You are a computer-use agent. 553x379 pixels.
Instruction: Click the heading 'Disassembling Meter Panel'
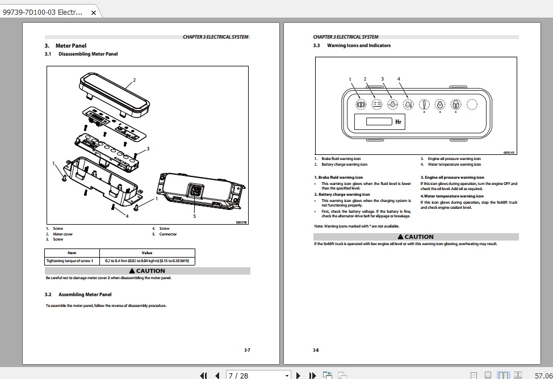click(x=88, y=54)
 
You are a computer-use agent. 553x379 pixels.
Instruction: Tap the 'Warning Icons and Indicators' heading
click(x=359, y=45)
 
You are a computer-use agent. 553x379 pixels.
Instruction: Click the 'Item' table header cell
click(x=72, y=253)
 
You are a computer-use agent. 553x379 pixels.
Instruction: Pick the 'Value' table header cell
click(x=147, y=253)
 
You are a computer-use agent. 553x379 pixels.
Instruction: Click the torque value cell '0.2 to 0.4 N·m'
click(x=147, y=261)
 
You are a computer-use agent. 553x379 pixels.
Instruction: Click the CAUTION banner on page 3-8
click(x=416, y=237)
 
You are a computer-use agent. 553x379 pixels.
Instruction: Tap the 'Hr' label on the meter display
click(x=399, y=121)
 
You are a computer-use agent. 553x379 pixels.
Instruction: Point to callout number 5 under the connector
click(x=194, y=216)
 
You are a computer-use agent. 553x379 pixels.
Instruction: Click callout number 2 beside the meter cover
click(x=134, y=79)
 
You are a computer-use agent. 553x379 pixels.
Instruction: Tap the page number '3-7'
click(x=247, y=350)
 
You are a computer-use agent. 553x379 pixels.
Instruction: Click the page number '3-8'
click(x=316, y=350)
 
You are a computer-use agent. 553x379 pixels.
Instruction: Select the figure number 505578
click(x=241, y=222)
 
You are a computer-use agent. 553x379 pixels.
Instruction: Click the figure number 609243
click(x=509, y=152)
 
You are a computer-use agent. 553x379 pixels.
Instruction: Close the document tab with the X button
click(x=94, y=12)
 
